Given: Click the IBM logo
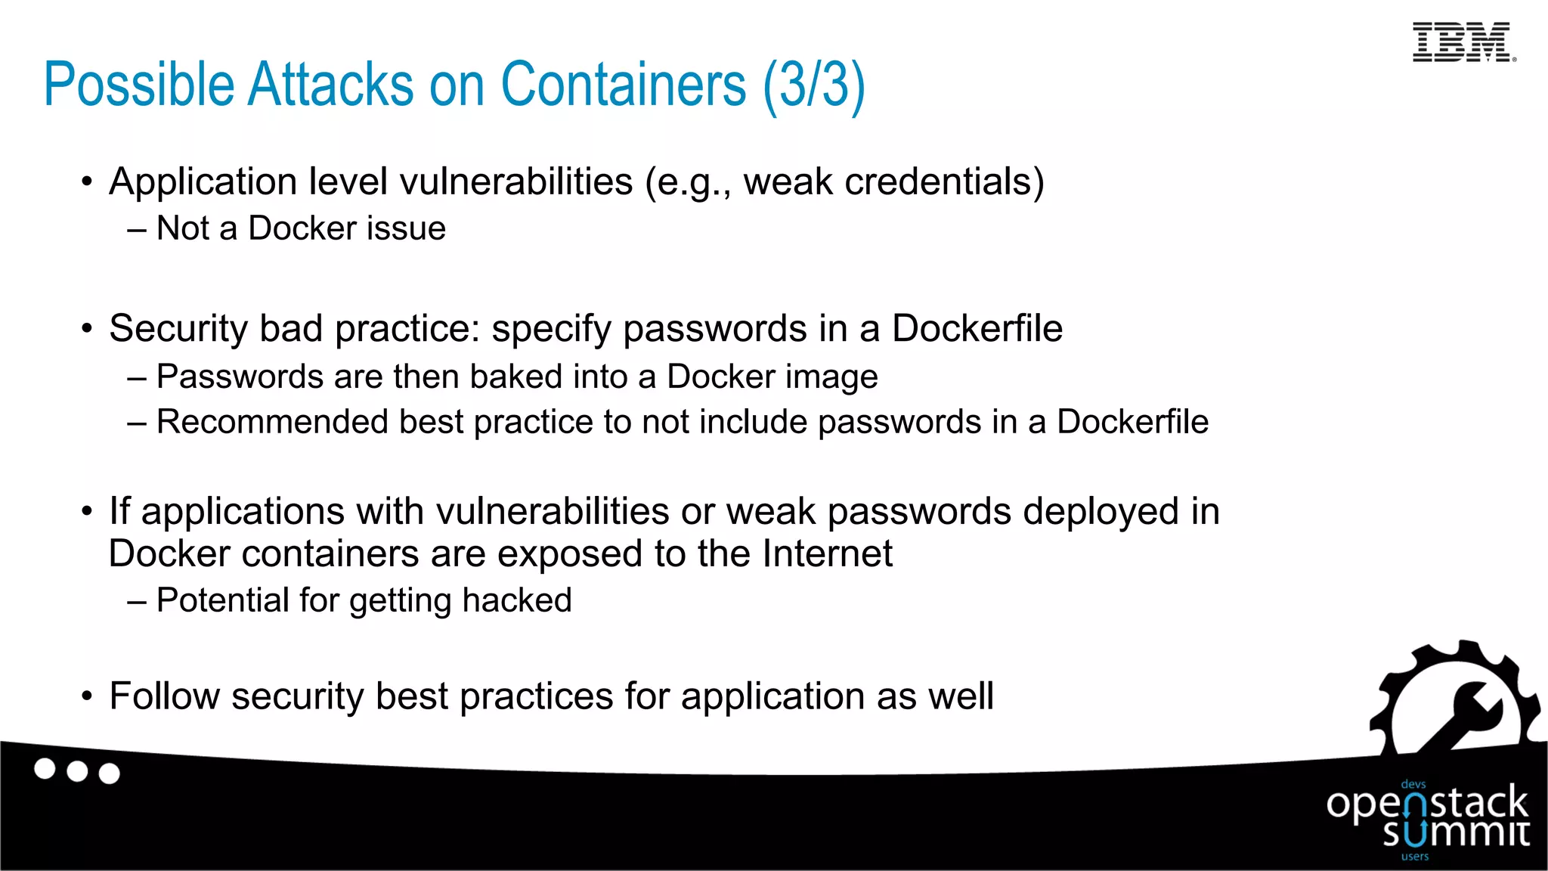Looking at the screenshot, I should [1463, 42].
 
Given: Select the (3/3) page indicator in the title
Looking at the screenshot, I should [813, 85].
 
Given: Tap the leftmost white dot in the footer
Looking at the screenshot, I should [45, 769].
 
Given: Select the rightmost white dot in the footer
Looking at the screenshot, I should [110, 773].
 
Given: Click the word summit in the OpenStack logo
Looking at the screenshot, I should [1456, 832].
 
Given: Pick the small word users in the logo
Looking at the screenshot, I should [1415, 857].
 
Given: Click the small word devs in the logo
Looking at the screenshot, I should [1413, 785].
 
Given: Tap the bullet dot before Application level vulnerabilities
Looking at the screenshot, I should [88, 182].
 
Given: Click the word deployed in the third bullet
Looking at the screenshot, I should [1101, 512].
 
